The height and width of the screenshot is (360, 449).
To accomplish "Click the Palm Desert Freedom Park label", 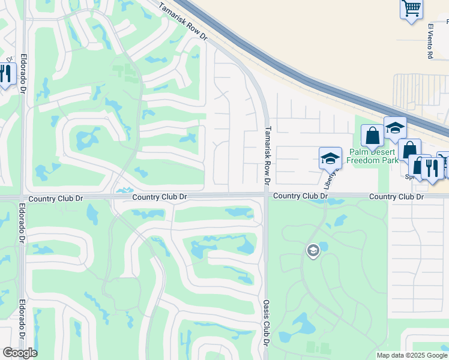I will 375,156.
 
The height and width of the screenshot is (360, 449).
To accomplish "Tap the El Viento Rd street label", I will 430,41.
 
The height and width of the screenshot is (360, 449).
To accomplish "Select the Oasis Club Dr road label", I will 265,322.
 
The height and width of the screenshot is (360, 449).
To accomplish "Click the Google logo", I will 20,353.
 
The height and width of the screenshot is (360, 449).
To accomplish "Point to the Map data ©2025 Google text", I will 411,355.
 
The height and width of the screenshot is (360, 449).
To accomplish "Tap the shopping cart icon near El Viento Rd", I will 411,8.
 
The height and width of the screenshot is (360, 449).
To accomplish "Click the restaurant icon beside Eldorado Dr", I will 6,74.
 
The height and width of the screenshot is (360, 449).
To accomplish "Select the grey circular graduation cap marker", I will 312,250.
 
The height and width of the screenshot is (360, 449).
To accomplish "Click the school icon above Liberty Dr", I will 330,158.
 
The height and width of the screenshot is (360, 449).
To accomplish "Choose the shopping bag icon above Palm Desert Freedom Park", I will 372,136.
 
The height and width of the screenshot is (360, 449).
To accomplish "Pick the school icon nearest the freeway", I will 395,128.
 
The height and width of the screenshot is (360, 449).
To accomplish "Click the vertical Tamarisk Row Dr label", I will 268,155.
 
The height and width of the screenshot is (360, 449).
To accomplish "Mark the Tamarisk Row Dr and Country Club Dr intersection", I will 265,194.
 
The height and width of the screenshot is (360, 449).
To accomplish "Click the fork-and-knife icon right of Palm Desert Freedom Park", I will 432,167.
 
